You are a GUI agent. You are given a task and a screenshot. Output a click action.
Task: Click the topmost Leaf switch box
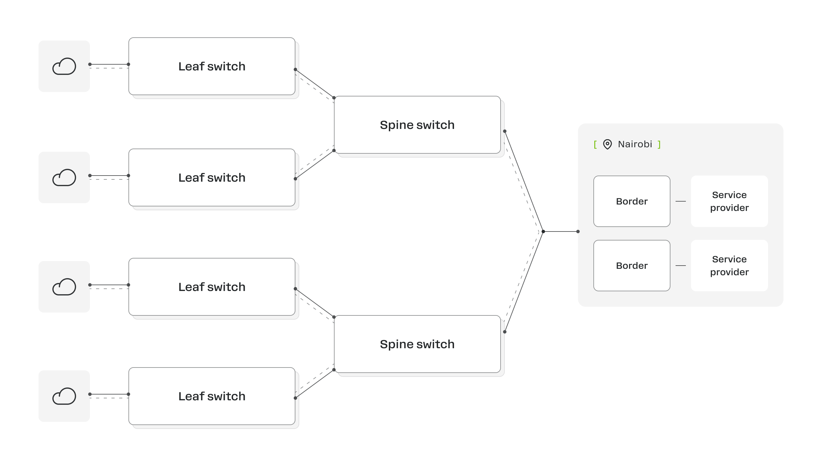click(212, 66)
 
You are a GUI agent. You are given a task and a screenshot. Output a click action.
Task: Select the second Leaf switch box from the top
click(212, 177)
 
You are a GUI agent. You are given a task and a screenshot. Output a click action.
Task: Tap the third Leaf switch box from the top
click(212, 287)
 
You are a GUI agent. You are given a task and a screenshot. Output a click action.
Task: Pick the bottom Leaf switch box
click(212, 396)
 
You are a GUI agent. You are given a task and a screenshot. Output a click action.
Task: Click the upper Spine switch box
click(417, 125)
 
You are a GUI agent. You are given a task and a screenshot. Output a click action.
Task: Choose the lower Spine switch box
click(417, 344)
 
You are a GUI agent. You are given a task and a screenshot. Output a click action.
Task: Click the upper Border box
click(632, 201)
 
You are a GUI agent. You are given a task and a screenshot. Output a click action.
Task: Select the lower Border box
click(632, 266)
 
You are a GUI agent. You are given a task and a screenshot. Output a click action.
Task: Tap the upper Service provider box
click(730, 201)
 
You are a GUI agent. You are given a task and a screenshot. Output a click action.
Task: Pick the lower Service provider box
click(730, 266)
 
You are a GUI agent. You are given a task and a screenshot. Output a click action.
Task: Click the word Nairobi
click(635, 144)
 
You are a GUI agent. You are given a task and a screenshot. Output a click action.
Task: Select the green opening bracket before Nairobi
click(595, 144)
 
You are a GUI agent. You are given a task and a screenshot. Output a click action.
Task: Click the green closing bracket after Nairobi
click(659, 144)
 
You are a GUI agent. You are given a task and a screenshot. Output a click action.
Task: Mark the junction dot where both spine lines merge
click(543, 232)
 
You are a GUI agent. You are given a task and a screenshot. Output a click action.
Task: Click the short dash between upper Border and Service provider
click(681, 201)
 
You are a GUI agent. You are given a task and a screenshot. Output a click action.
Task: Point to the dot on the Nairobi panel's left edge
click(578, 232)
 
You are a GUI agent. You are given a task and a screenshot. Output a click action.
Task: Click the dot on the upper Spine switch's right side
click(505, 131)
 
